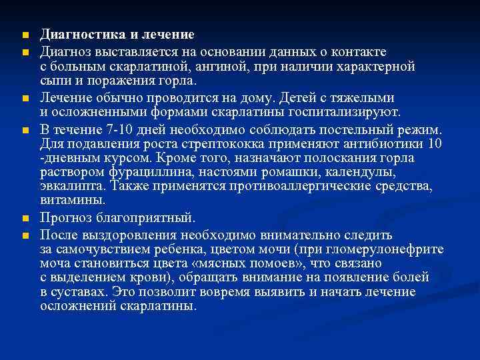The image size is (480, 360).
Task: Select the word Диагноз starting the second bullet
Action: click(64, 51)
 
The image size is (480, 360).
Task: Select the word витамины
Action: click(72, 200)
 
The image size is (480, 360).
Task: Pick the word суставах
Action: click(78, 292)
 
